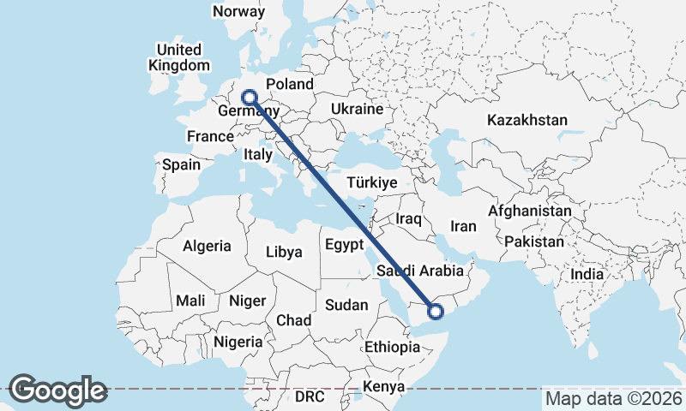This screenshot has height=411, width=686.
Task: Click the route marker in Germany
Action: (x=250, y=98)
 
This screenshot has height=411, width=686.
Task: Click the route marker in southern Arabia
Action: (x=436, y=311)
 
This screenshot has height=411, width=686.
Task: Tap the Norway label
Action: (x=239, y=12)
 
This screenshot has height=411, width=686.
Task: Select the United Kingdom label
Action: (x=178, y=57)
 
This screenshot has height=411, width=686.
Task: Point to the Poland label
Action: (x=290, y=85)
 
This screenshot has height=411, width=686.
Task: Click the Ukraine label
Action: (x=356, y=110)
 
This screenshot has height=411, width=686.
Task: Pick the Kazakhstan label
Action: (x=527, y=120)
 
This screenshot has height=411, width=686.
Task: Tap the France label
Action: (x=210, y=136)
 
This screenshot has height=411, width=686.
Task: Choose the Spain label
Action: (x=181, y=164)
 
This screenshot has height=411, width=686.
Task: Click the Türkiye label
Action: (x=371, y=182)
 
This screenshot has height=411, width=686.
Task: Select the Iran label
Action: (x=462, y=227)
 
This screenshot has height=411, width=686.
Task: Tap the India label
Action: (x=587, y=275)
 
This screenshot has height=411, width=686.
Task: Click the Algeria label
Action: (x=207, y=247)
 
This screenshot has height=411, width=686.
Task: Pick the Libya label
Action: (x=285, y=253)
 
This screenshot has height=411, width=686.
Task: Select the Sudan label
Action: (x=346, y=305)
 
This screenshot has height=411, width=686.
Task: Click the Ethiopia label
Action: (x=392, y=348)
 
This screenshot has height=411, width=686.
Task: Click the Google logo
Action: (x=57, y=390)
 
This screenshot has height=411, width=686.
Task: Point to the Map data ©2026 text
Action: (x=613, y=398)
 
